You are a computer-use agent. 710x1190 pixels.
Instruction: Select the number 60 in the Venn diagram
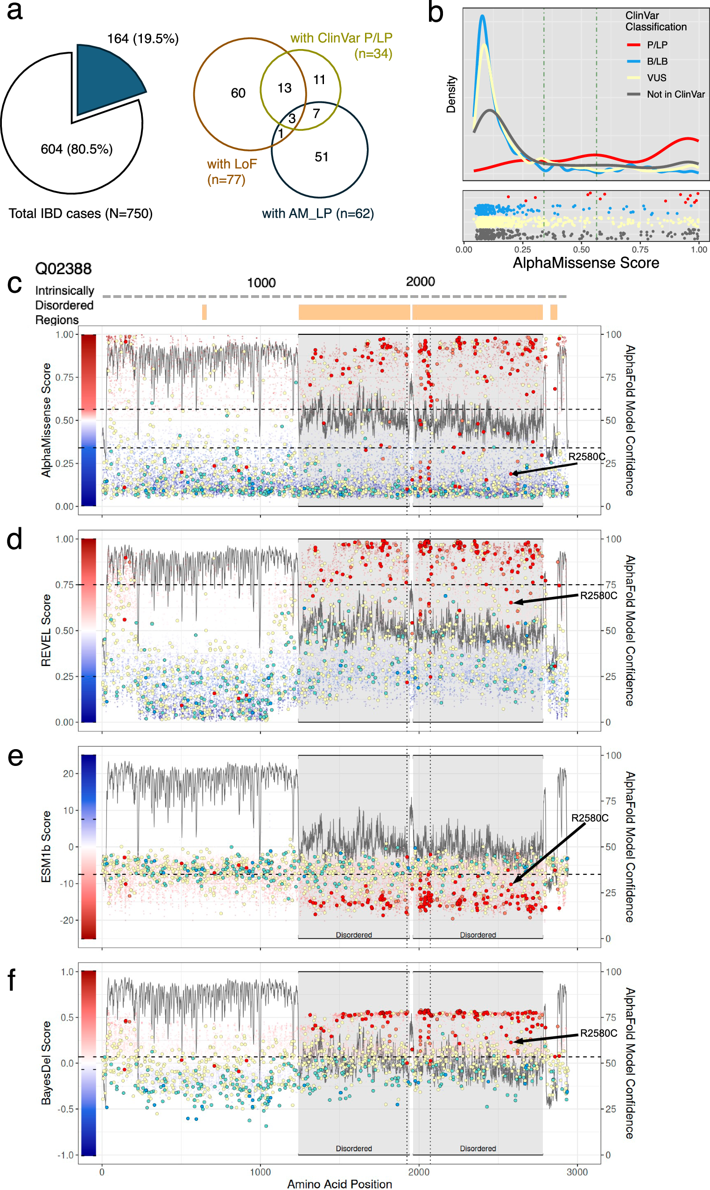tap(238, 93)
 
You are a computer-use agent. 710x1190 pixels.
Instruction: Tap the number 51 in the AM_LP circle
tap(322, 157)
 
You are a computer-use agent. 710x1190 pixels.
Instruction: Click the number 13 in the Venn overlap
tap(284, 88)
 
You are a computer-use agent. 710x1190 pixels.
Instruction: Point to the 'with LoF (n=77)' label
tap(232, 171)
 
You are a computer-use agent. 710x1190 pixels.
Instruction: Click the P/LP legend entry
tap(657, 45)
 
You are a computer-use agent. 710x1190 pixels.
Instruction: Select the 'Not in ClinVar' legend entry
tap(675, 94)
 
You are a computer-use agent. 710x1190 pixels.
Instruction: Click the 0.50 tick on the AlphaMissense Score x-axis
tap(581, 249)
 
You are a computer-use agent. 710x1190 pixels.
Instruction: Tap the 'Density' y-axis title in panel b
tap(450, 94)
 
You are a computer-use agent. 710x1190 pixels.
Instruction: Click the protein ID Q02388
tap(63, 269)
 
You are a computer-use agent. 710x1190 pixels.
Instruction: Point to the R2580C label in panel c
tap(587, 457)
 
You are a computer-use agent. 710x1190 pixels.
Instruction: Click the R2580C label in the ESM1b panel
tap(590, 818)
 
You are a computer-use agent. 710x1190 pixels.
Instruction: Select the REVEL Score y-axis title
tap(46, 630)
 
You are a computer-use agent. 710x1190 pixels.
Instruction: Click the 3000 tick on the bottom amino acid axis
tap(577, 1172)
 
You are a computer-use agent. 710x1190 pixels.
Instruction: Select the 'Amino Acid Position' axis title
tap(339, 1184)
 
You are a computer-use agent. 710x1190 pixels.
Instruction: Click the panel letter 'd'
tap(14, 539)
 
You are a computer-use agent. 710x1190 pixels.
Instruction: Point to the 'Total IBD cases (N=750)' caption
tap(80, 213)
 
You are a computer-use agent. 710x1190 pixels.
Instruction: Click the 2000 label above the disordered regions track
tap(420, 282)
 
